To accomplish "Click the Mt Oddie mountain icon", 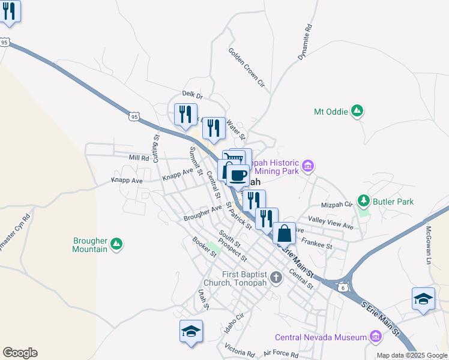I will click(x=357, y=111).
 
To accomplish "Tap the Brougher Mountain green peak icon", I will click(x=117, y=244).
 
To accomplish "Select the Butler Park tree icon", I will click(x=363, y=200).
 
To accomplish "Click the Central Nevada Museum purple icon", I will click(x=376, y=337).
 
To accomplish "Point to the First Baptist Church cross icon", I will click(x=276, y=277).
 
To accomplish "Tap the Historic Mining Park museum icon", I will click(x=309, y=166).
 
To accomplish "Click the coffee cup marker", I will click(x=238, y=175).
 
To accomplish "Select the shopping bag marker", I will click(x=285, y=233).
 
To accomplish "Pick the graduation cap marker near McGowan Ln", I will click(x=423, y=299).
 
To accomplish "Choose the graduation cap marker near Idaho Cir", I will click(x=191, y=331).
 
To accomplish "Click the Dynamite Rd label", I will click(x=306, y=42).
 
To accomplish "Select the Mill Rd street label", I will click(x=138, y=158).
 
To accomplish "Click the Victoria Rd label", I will click(x=240, y=350).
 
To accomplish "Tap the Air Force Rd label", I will click(x=280, y=354).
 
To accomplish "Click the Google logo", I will click(x=20, y=353).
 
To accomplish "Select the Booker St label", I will click(x=204, y=247).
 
